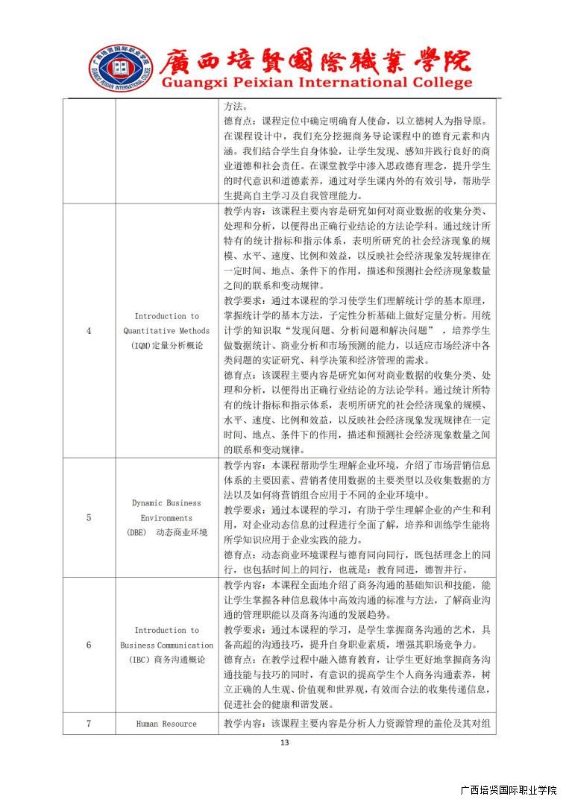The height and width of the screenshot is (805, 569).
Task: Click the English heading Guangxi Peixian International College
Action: coord(317,83)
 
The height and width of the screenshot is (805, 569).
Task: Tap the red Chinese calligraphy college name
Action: coord(317,60)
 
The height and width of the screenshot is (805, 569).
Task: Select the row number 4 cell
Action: coord(89,330)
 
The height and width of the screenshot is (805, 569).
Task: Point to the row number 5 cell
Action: coord(89,517)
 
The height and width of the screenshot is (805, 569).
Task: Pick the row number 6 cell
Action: coord(89,645)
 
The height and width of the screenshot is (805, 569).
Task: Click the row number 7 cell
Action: coord(89,724)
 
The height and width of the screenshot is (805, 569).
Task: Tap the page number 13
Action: coord(283,742)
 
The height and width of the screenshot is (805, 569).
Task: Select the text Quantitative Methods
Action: coord(166,330)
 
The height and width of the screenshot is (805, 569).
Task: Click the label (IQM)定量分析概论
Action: coord(166,345)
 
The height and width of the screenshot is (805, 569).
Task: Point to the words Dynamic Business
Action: coord(166,503)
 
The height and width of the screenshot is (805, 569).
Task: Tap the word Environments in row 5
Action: coord(166,517)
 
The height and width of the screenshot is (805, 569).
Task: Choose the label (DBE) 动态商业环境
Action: coord(166,532)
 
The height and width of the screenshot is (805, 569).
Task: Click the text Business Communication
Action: coord(166,645)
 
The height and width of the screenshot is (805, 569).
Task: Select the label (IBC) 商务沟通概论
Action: coord(166,660)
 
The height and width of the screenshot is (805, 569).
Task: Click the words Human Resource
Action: coord(166,724)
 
